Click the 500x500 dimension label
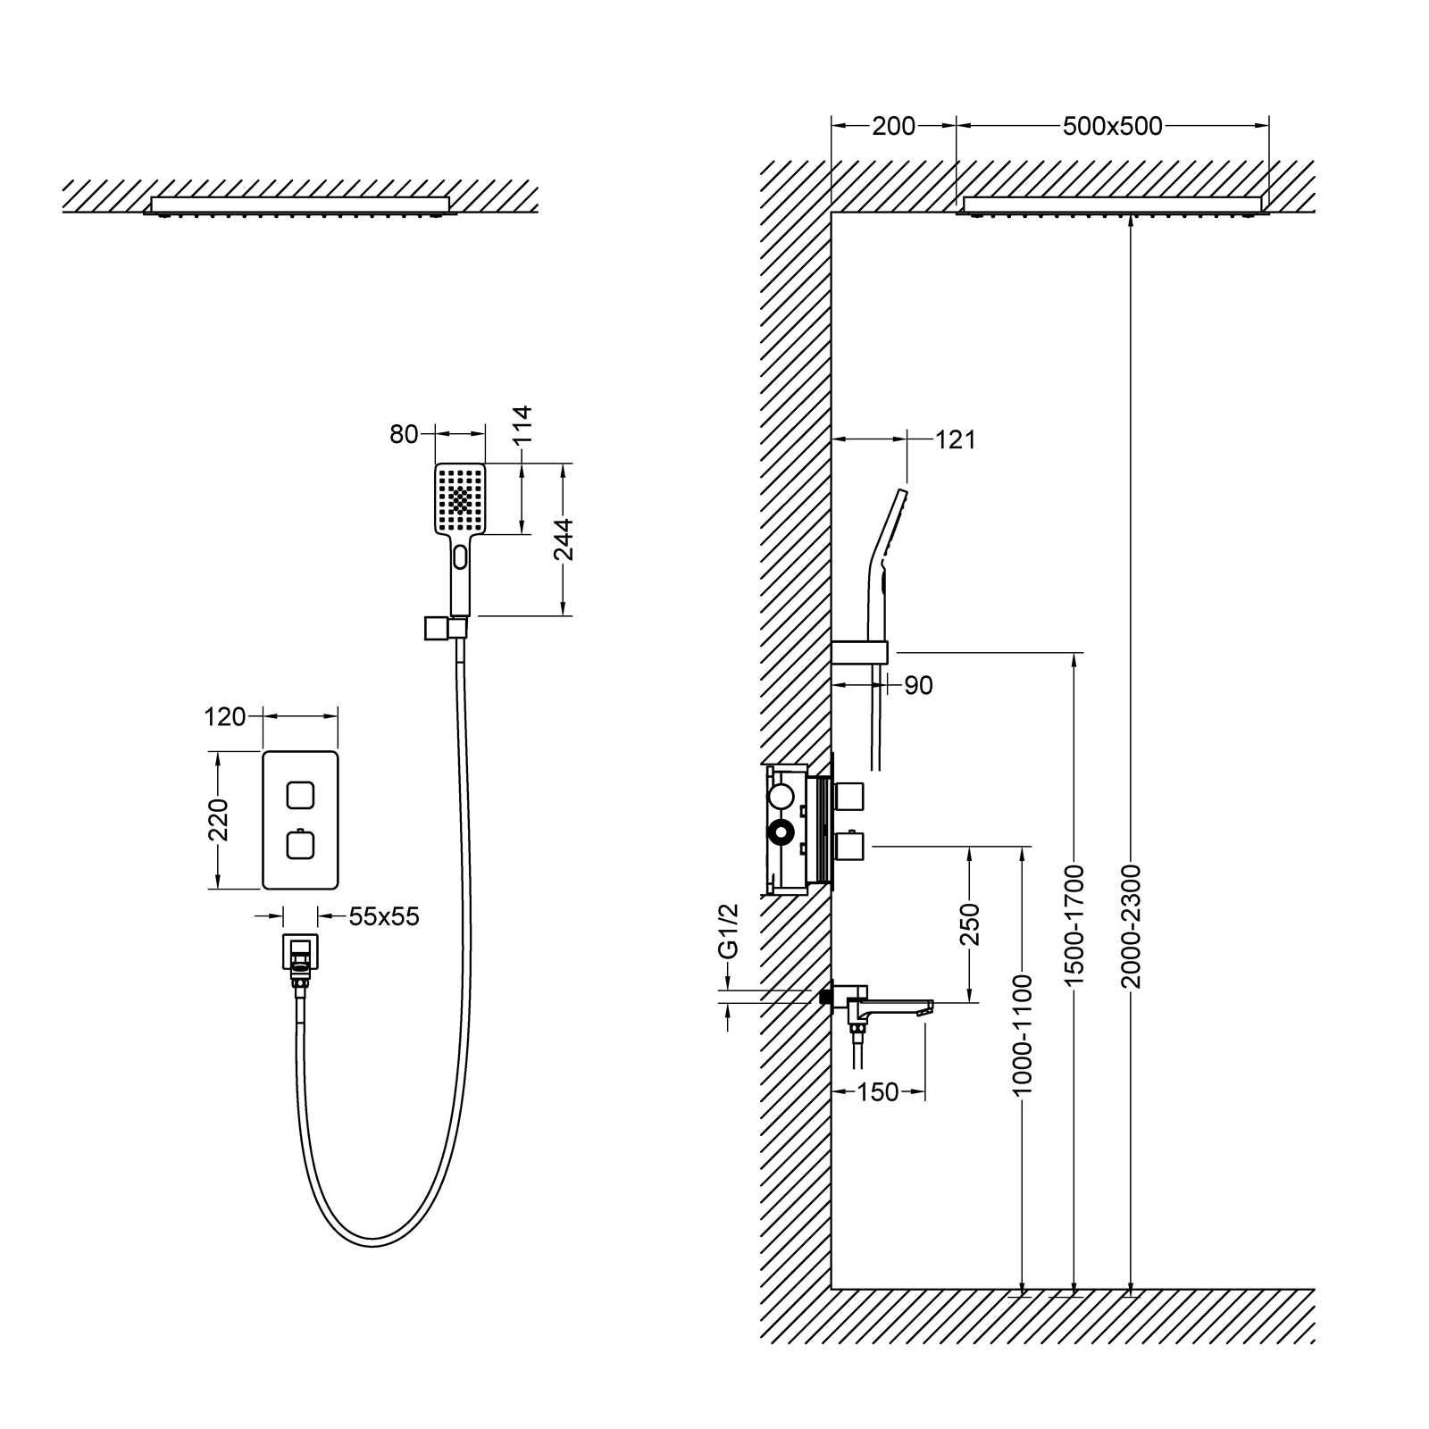1112,126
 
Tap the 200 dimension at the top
893,126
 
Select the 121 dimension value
956,439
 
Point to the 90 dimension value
918,685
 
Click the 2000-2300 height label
1132,926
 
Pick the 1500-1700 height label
1074,926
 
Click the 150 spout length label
877,1091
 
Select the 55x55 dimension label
384,916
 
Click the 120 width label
224,716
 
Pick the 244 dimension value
564,539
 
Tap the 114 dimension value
522,425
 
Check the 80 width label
404,434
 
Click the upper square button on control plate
300,793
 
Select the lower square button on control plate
300,844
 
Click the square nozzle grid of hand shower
461,499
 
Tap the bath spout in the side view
893,1007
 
